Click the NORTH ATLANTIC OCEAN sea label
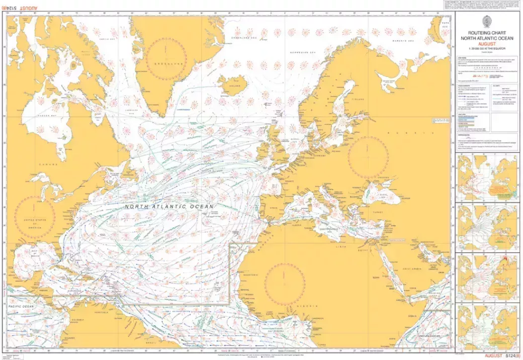[169, 207]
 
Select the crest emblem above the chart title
[486, 21]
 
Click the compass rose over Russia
[368, 157]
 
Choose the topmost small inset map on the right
[487, 177]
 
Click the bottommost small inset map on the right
[487, 326]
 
